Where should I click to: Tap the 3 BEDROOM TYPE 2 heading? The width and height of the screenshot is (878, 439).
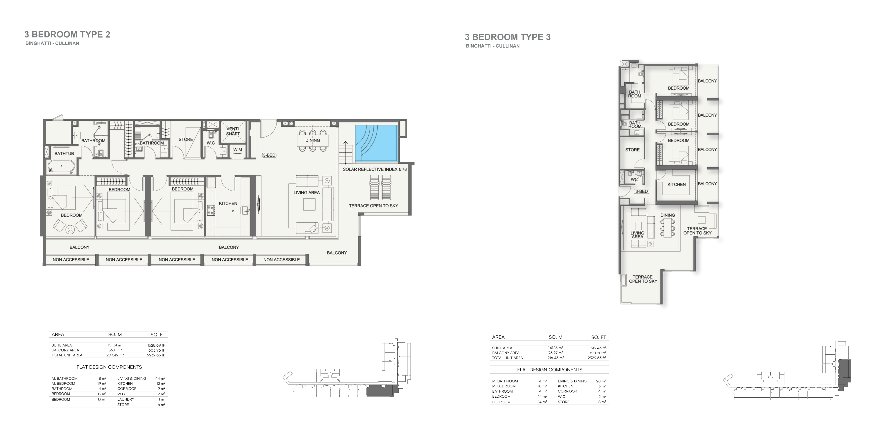[x=67, y=34]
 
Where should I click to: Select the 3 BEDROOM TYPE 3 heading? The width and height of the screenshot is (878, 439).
[x=507, y=37]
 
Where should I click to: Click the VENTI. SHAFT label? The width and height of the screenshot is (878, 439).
[x=233, y=131]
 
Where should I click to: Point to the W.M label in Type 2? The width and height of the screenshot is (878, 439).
[x=238, y=150]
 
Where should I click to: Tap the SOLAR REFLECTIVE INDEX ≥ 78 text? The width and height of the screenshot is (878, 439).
[x=374, y=169]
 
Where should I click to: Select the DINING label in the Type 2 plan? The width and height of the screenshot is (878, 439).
[x=313, y=140]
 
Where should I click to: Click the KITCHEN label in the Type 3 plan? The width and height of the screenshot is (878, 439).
[x=677, y=184]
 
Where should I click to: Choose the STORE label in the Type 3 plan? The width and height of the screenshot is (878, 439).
[x=632, y=150]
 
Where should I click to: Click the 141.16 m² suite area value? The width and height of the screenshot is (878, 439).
[x=555, y=348]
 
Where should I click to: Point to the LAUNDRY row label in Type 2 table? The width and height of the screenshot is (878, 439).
[x=126, y=399]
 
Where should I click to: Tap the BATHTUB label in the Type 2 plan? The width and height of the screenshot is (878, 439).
[x=64, y=154]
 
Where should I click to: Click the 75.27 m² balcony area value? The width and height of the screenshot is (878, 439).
[x=555, y=353]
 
